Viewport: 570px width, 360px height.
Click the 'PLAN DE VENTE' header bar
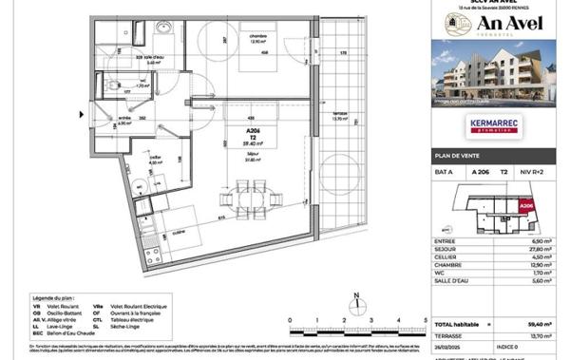pos(494,155)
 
